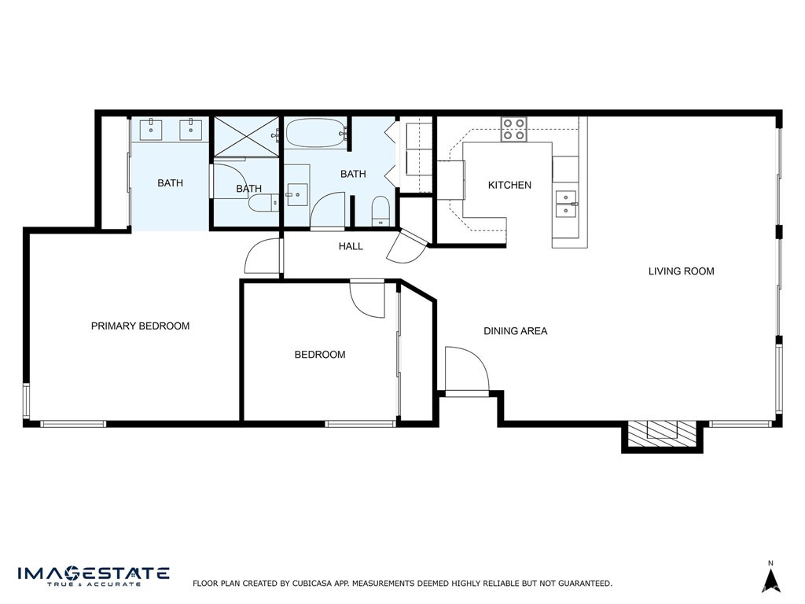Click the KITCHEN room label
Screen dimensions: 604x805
tap(509, 186)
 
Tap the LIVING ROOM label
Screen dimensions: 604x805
tap(681, 271)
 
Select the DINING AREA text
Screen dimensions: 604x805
tap(515, 331)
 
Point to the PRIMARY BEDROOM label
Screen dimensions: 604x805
tap(140, 326)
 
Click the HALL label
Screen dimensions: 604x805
tap(351, 246)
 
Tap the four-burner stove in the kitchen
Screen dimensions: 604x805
tap(514, 129)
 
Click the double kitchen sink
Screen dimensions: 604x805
tap(565, 203)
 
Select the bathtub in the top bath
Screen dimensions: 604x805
tap(315, 134)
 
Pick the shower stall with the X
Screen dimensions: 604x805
tap(247, 137)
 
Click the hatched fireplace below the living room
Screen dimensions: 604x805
tap(662, 432)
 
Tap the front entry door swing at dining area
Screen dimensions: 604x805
tap(465, 368)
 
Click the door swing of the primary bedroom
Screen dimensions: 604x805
tap(263, 256)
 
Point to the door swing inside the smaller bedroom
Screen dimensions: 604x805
tap(367, 299)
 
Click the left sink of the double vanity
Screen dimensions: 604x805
tap(150, 127)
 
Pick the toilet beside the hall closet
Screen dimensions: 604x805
tap(380, 209)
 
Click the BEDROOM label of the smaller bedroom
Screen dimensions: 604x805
tap(320, 355)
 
